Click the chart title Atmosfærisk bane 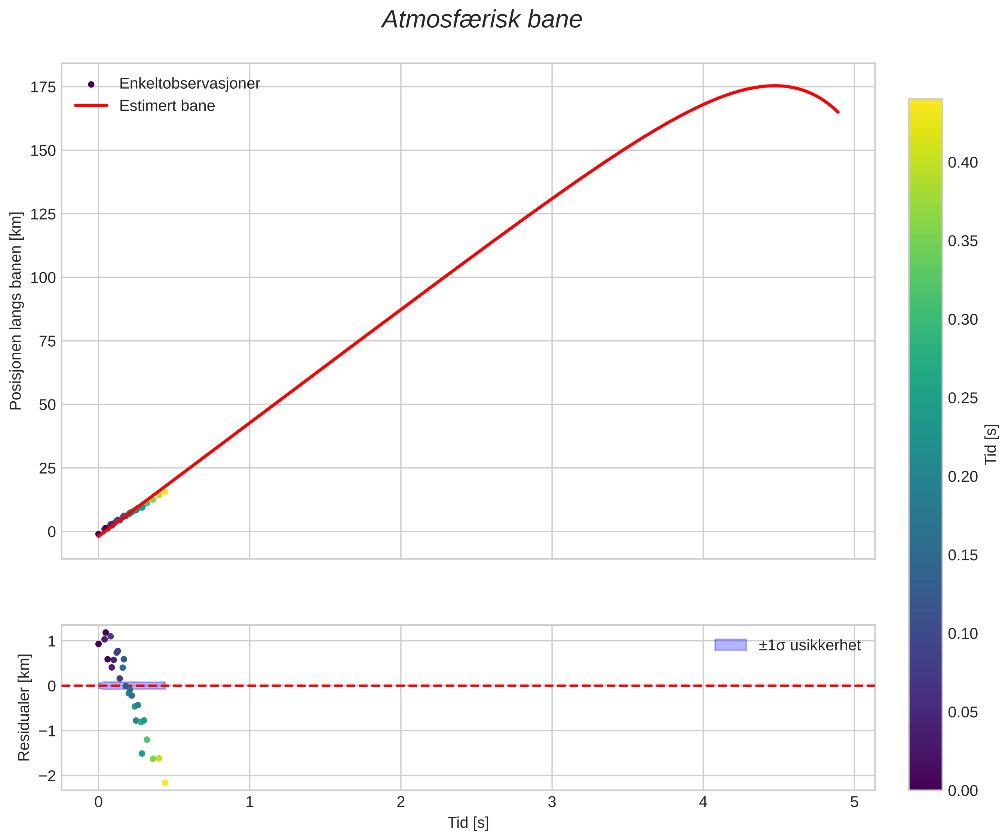tap(481, 20)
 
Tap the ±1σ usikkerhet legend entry tap(809, 646)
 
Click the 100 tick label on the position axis tap(43, 278)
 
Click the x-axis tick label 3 tap(552, 803)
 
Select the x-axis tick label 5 tap(854, 803)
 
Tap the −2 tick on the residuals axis tap(47, 776)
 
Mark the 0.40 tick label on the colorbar tap(962, 163)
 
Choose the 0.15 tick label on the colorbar tap(962, 555)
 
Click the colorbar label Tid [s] tap(991, 444)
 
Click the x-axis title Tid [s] tap(468, 823)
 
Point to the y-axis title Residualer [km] tap(24, 708)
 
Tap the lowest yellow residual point tap(165, 783)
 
